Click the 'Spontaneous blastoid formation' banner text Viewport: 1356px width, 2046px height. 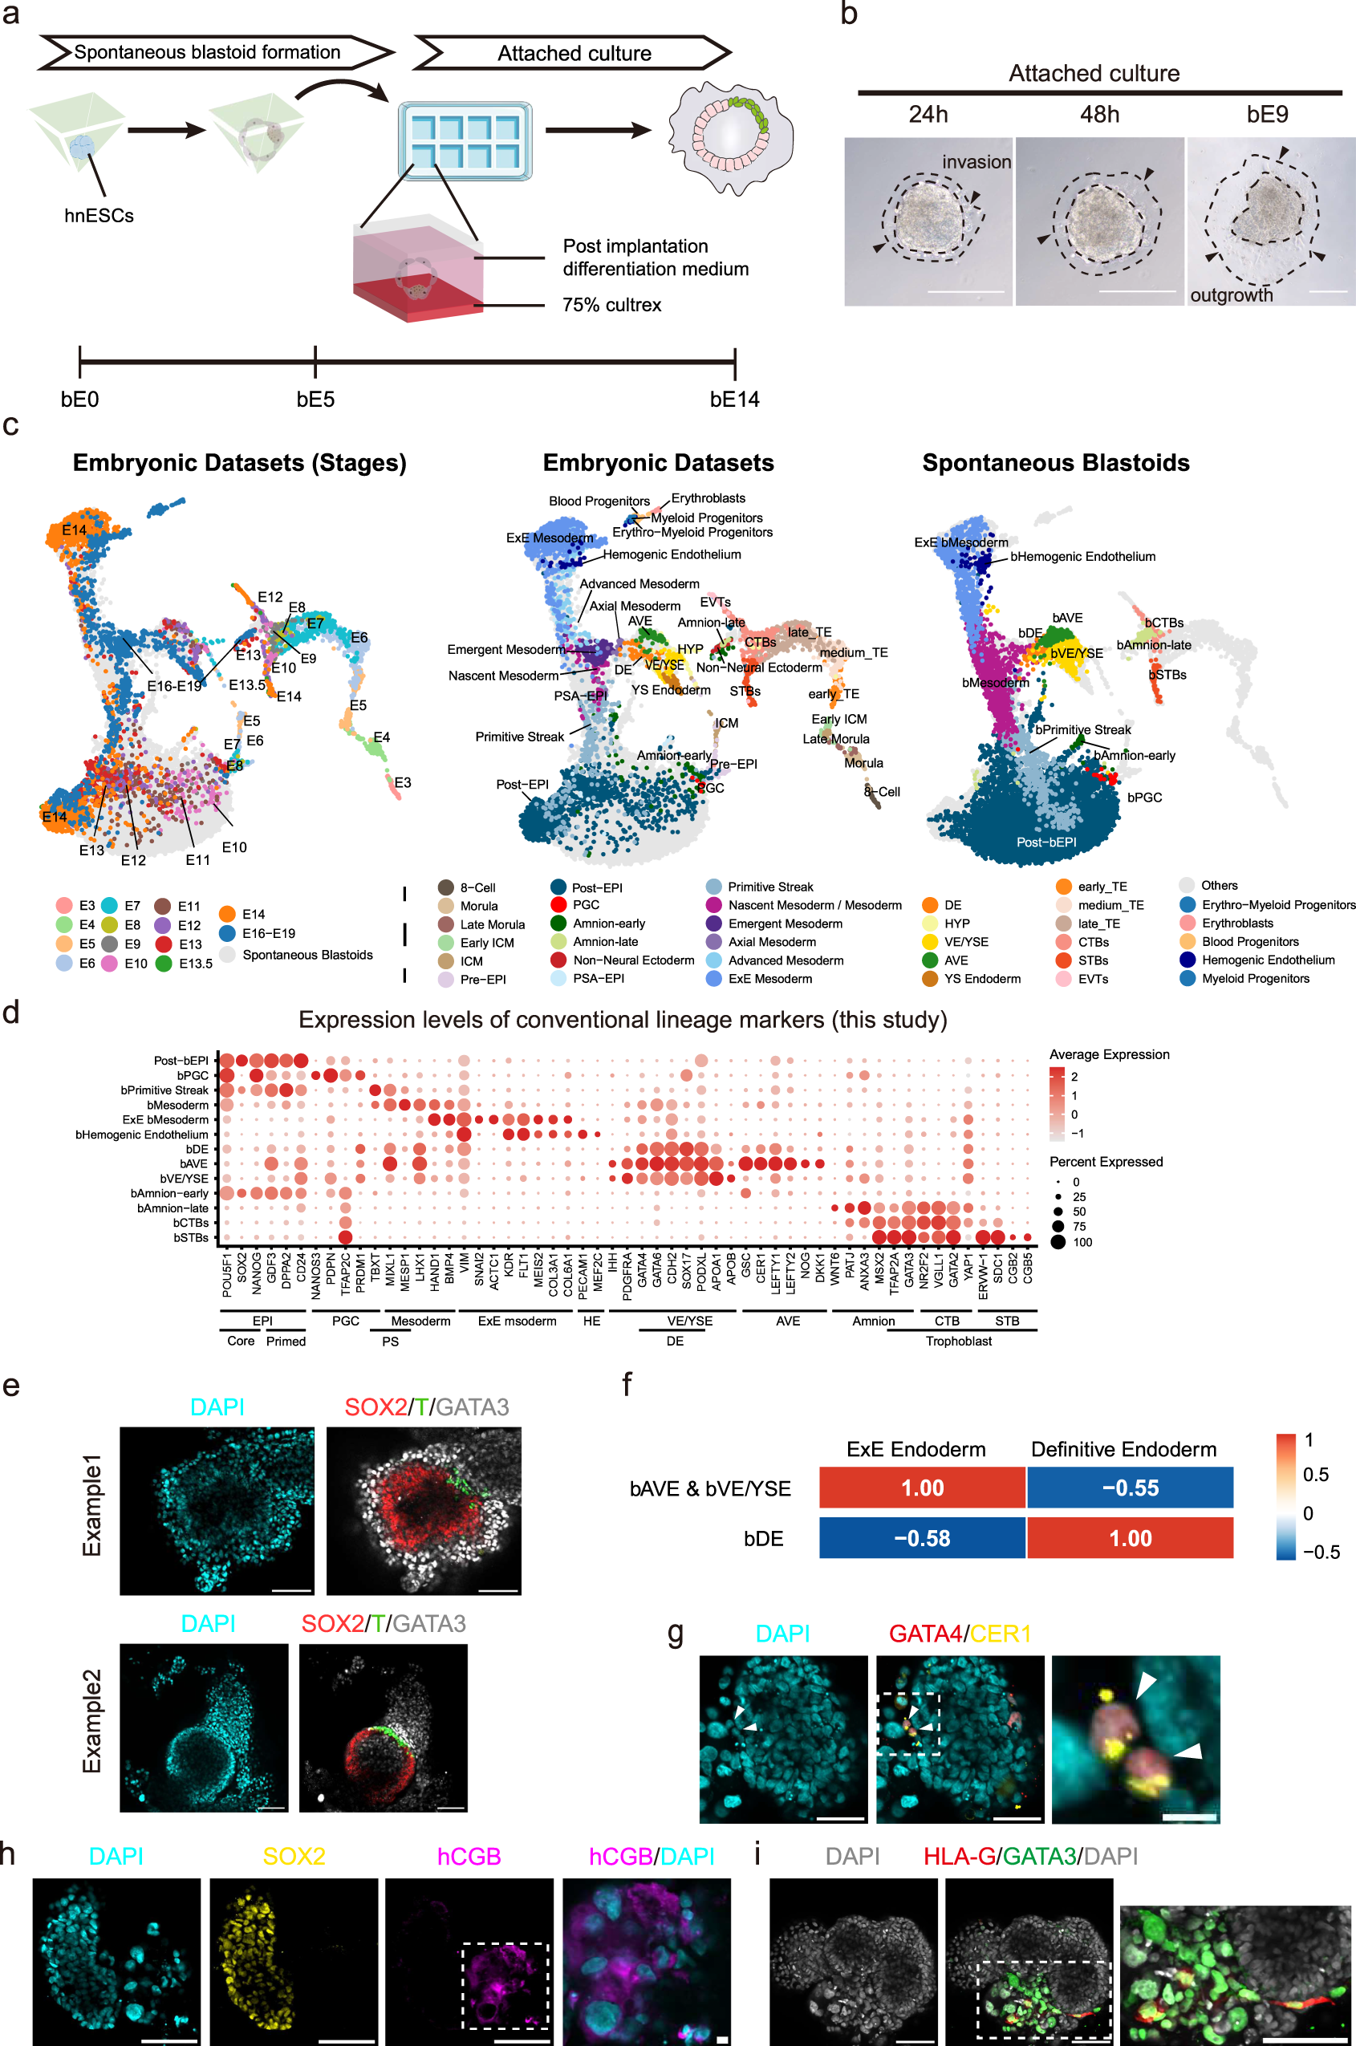tap(207, 52)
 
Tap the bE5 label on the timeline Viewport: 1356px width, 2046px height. tap(315, 400)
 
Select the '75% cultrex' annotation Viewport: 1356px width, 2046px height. tap(611, 305)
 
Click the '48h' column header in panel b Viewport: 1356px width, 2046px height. tap(1099, 114)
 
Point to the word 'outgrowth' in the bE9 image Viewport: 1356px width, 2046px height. tap(1232, 296)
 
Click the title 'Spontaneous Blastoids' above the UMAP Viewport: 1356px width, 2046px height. tap(1055, 463)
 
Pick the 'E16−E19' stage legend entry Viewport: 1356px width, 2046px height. tap(268, 933)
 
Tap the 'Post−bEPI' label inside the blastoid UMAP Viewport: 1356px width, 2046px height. tap(1045, 842)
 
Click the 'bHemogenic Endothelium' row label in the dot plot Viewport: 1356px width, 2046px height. tap(142, 1135)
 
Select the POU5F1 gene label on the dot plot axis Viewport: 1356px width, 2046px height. tap(226, 1275)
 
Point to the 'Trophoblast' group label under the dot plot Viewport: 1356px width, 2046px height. tap(958, 1342)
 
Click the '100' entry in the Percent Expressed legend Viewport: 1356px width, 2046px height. tap(1082, 1243)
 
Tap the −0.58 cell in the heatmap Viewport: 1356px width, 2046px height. tap(922, 1538)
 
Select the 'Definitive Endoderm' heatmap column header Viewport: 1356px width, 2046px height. tap(1123, 1449)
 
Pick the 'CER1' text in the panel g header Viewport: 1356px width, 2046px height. tap(1001, 1634)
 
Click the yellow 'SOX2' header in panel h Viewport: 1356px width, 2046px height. tap(294, 1857)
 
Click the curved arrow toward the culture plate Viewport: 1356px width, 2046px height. tap(342, 87)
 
